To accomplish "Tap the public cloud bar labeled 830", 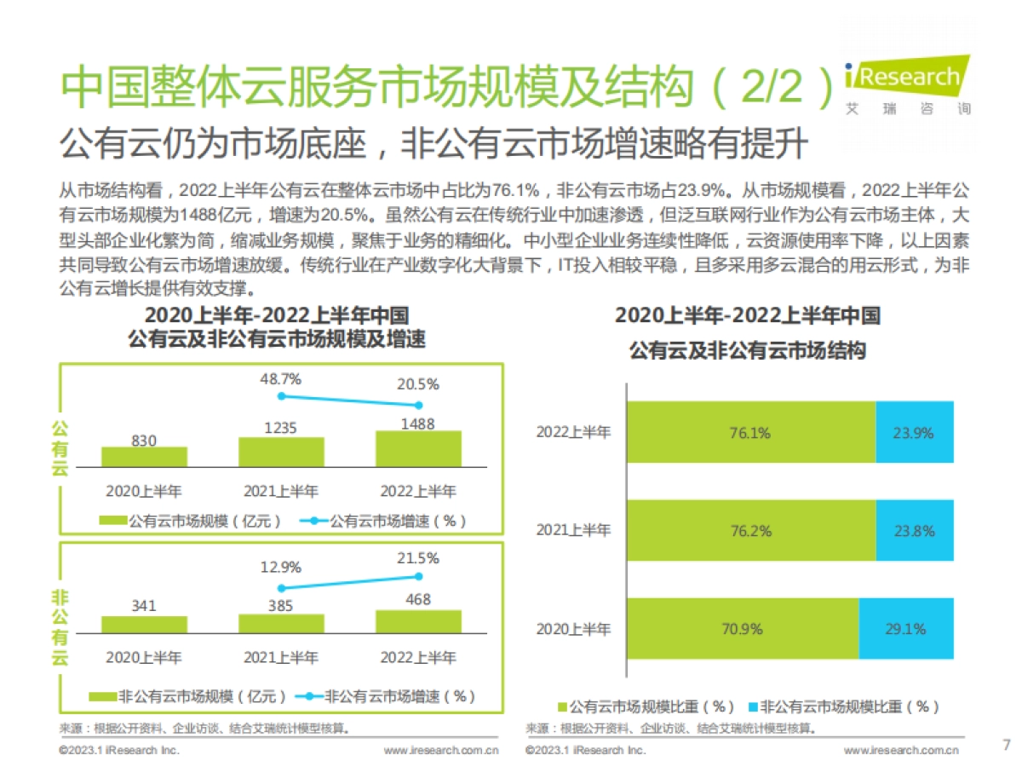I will coord(144,457).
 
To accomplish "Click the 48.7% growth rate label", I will coord(280,378).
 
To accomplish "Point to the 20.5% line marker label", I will coord(418,384).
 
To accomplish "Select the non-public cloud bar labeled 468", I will coord(418,622).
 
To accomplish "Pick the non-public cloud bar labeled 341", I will coord(144,625).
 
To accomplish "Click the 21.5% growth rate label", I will coord(418,558).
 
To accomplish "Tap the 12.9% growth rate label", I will coord(280,567).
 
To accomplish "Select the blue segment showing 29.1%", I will coord(905,629).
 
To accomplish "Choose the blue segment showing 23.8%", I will coord(914,531).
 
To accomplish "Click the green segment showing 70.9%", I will coord(743,629).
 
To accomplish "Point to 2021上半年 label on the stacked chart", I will coord(573,531).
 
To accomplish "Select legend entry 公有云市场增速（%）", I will coord(388,520).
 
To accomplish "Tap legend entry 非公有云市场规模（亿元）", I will coord(192,696).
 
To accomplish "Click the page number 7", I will coord(1006,744).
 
